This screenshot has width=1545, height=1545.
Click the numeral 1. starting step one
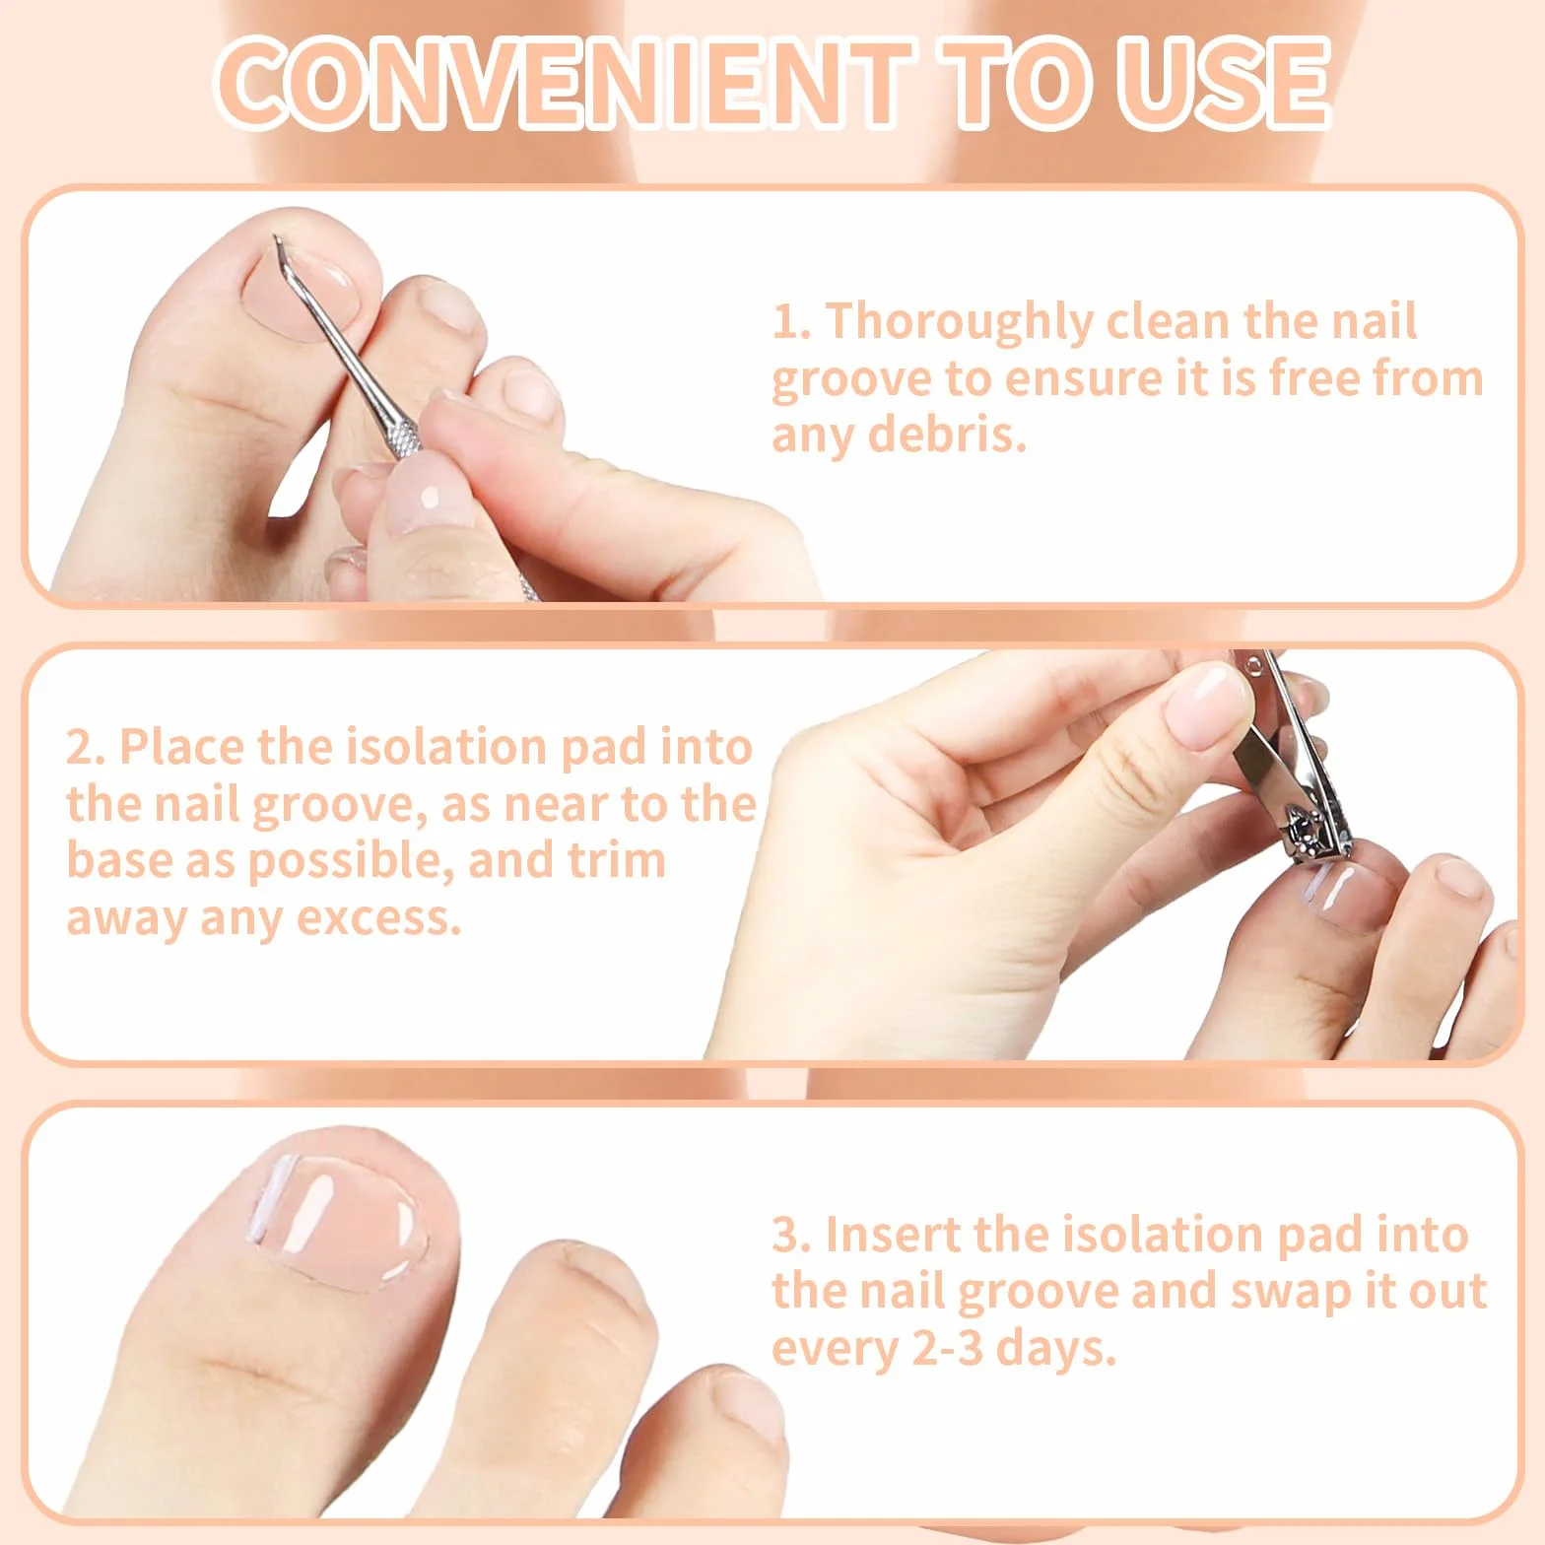(x=791, y=322)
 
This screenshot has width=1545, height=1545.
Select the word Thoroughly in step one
(x=959, y=323)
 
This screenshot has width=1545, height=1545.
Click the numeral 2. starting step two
(x=87, y=748)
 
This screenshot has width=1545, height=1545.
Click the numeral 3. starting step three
(x=791, y=1236)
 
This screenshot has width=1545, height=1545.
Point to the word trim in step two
(x=617, y=861)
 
